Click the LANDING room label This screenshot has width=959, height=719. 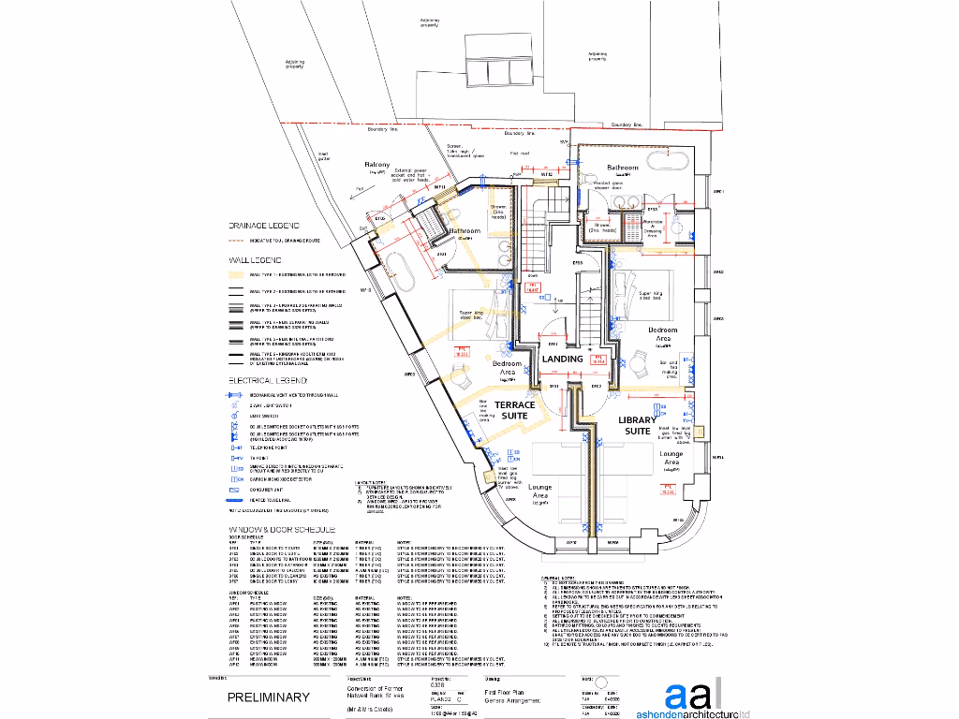point(562,359)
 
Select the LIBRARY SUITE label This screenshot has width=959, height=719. point(641,426)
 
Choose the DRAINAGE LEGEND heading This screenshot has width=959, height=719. point(263,226)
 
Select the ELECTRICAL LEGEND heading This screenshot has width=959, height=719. point(268,381)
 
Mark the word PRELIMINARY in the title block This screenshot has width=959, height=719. point(268,697)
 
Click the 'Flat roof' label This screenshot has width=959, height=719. point(520,153)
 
